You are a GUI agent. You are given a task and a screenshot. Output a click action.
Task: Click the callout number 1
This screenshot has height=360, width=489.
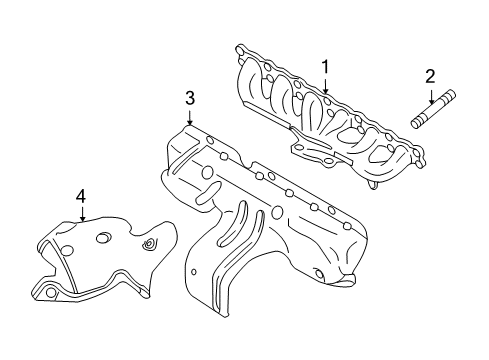(325, 67)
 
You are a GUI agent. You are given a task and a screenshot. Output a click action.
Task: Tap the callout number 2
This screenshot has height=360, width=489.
(430, 75)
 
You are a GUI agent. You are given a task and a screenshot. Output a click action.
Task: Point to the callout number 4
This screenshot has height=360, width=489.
(80, 197)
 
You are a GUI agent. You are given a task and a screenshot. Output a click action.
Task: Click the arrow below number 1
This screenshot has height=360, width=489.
(325, 88)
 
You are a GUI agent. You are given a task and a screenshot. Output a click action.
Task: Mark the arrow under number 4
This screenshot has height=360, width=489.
(80, 215)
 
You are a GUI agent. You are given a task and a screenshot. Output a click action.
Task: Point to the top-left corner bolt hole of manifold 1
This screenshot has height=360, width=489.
(241, 49)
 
